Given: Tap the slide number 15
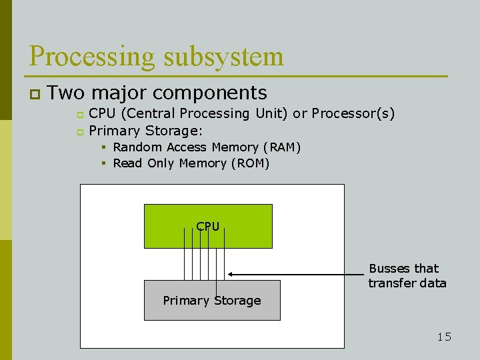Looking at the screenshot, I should (444, 337).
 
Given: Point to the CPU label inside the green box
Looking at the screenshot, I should (208, 227).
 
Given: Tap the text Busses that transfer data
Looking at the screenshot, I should (407, 276).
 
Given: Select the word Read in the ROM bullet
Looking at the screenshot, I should (127, 163).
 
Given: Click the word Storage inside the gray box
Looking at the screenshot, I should (237, 301).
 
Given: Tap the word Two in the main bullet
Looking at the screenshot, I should (65, 93).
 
